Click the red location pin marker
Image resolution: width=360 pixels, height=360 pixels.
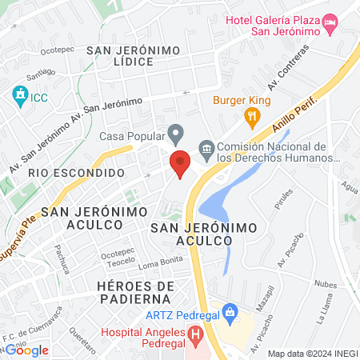click(x=180, y=163)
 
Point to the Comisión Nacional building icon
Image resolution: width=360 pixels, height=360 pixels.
click(x=206, y=147)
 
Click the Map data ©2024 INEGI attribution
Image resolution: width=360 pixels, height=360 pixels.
click(x=312, y=354)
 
